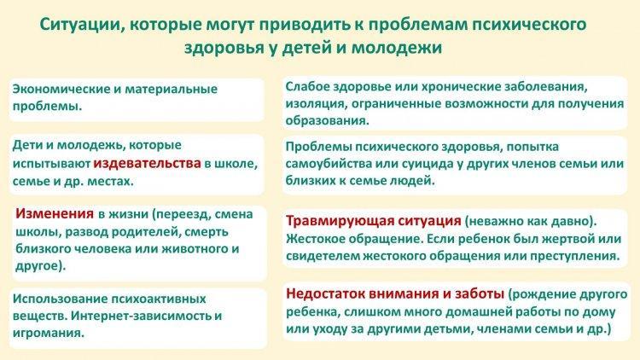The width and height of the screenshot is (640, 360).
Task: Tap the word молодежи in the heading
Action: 397,48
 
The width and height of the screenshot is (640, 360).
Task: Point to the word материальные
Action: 171,89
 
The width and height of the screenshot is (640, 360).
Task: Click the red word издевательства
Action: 148,163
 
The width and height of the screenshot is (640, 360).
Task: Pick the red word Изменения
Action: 55,213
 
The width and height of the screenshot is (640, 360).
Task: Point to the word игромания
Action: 48,333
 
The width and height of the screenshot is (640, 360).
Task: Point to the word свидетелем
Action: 323,256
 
